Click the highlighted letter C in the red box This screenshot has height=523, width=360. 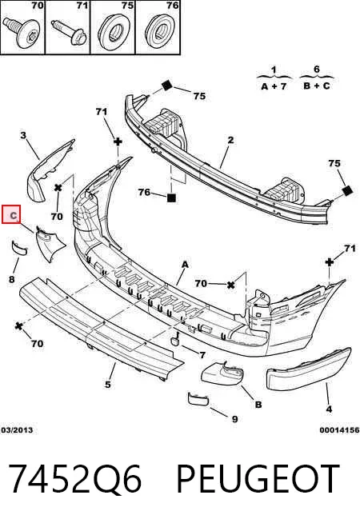tap(13, 215)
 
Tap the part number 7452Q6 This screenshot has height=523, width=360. tap(75, 479)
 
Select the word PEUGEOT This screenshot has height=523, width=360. tap(258, 479)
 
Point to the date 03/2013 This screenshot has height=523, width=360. tap(17, 430)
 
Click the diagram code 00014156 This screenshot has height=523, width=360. tap(339, 430)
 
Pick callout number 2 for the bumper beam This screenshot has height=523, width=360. tap(231, 140)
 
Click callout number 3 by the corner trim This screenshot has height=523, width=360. tap(23, 135)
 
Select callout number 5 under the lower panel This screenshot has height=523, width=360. tap(107, 384)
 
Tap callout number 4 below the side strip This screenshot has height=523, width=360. tap(329, 409)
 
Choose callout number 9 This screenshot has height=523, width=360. tap(234, 419)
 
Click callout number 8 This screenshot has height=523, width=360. tap(12, 279)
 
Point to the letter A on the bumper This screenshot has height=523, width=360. tap(185, 265)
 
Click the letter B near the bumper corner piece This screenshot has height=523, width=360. tap(258, 405)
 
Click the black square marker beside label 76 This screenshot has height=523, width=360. tap(171, 198)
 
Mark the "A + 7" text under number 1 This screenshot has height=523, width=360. tap(274, 86)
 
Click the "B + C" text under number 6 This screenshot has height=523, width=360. tap(317, 86)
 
